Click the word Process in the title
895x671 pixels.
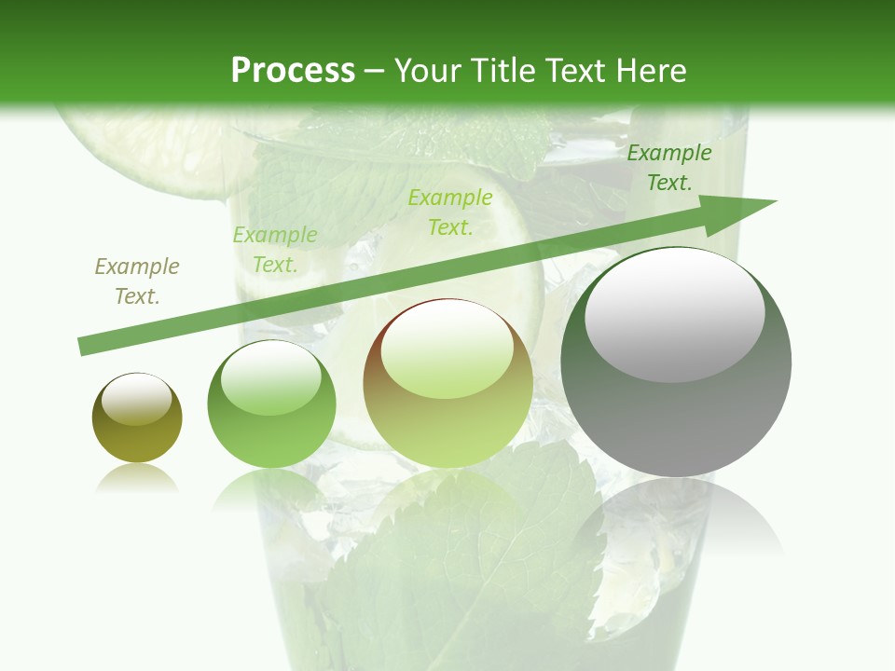[293, 71]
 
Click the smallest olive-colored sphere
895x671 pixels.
[137, 418]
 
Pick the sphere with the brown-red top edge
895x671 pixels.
[447, 384]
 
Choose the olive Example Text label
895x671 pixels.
[137, 281]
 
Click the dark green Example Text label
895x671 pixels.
[668, 168]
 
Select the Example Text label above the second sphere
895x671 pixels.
[274, 250]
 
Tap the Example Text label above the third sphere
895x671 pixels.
[449, 212]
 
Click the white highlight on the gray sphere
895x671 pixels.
[674, 314]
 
